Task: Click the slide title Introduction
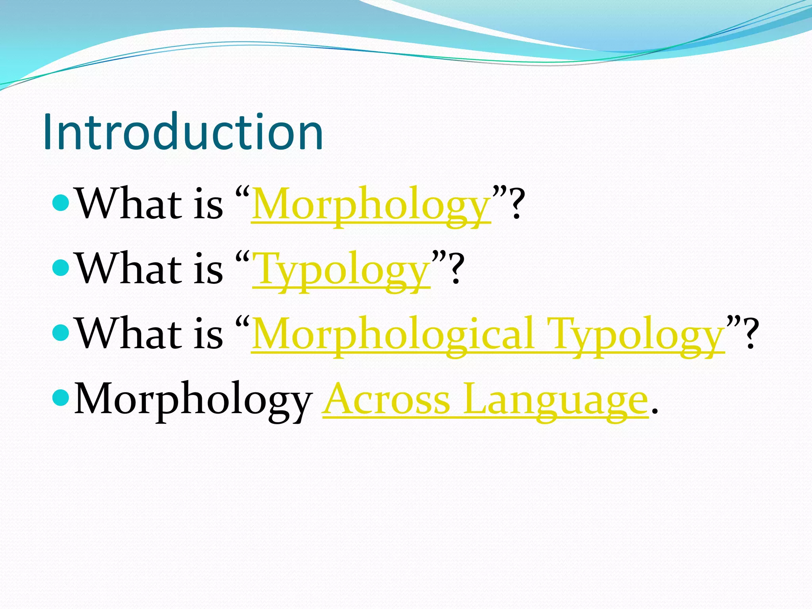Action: click(183, 132)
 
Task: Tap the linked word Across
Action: click(387, 399)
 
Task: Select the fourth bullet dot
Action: click(61, 398)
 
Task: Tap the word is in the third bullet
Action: click(208, 334)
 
